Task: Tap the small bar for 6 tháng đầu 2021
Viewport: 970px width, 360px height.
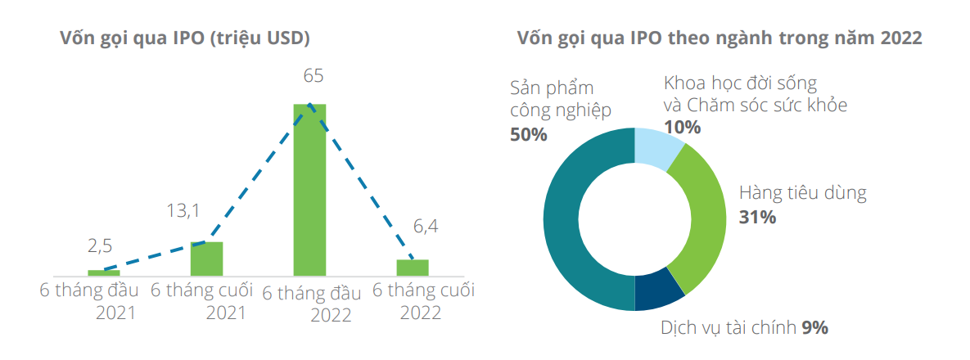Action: coord(104,272)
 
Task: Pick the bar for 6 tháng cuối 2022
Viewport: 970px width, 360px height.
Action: coord(413,267)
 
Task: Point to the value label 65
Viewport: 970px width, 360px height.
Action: coord(313,76)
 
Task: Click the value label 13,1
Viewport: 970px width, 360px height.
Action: coord(183,211)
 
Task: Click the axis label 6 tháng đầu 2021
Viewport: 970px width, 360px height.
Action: coord(90,300)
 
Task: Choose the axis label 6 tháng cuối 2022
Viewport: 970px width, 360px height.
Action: coord(423,300)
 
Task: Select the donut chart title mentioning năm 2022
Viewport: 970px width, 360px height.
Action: coord(719,38)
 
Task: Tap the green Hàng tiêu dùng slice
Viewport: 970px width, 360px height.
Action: coord(704,217)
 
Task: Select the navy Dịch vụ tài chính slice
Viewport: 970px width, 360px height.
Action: coord(658,293)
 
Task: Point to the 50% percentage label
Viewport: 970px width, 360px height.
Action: coord(528,135)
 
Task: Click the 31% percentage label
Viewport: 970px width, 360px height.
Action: coord(757,218)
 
